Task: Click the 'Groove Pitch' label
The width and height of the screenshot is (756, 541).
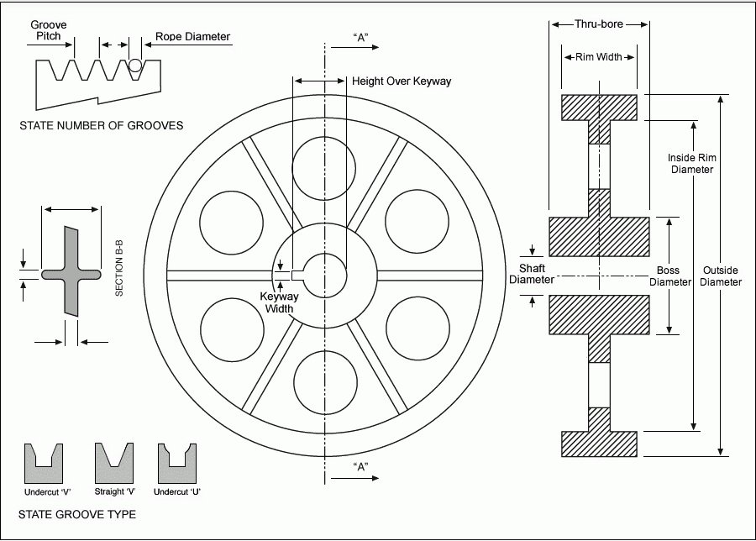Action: [x=49, y=31]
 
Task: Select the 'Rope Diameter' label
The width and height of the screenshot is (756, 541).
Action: [x=192, y=37]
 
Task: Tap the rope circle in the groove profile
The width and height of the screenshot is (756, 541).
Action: [x=136, y=66]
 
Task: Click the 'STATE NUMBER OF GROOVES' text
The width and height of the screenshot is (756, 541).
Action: [x=101, y=126]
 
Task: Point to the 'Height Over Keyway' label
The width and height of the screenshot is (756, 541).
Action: [x=402, y=81]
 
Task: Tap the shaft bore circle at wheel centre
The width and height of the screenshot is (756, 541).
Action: [x=324, y=275]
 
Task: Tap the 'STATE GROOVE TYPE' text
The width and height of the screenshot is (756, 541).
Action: [x=76, y=513]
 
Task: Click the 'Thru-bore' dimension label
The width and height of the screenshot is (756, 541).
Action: [x=599, y=24]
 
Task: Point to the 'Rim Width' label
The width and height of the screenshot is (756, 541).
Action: [x=599, y=57]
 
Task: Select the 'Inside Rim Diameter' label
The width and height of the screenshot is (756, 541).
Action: [x=691, y=163]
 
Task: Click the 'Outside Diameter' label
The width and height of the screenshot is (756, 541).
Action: [x=720, y=276]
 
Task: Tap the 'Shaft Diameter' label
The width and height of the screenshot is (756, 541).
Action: [x=531, y=274]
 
